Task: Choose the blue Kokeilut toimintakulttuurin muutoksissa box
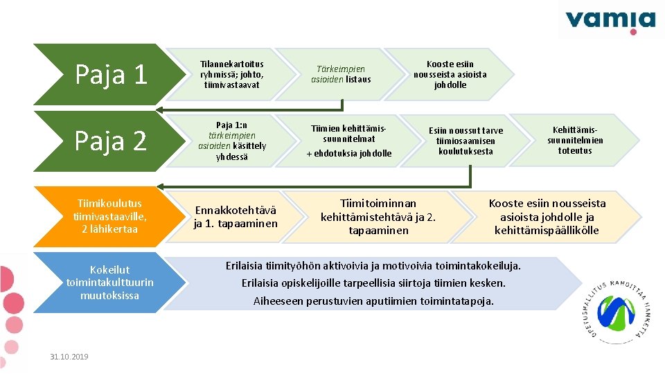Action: coord(109,282)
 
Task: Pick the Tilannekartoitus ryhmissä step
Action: coord(232,74)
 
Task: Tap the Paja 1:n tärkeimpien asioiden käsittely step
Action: coord(232,141)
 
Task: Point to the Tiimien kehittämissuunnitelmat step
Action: coord(349,141)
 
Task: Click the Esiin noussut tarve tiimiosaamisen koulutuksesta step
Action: coord(465,141)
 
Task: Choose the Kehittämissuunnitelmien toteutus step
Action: coord(575,141)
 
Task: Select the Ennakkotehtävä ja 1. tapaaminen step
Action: coord(236,216)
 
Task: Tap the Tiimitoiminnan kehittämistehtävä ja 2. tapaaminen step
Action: coord(378,216)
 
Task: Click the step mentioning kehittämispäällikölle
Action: coord(547,216)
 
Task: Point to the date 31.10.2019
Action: coord(69,357)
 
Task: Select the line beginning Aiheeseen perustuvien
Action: coord(373,301)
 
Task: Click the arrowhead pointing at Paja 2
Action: coord(160,109)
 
